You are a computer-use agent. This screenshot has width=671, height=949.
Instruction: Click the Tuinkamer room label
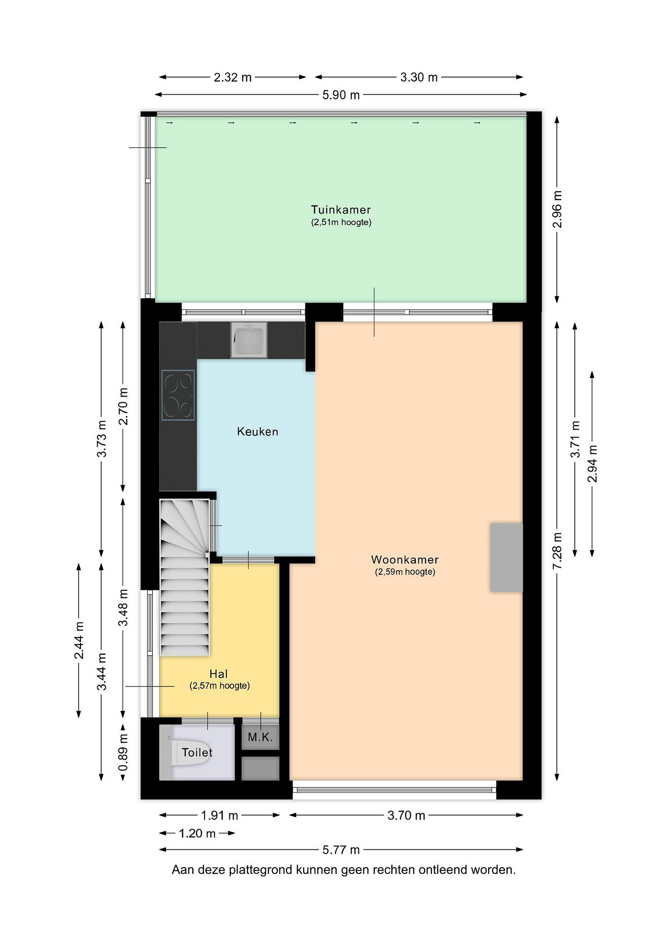pos(341,210)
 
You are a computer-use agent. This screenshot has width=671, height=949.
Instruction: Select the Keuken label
pos(257,432)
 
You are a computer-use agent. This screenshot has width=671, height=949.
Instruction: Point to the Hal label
pos(219,674)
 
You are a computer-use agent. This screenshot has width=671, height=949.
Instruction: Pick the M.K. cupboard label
pos(260,737)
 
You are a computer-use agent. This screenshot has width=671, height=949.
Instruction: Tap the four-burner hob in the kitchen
pos(178,395)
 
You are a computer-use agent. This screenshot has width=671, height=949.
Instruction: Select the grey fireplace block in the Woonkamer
pos(507,558)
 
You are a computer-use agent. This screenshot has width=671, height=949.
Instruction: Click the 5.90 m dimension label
pos(341,95)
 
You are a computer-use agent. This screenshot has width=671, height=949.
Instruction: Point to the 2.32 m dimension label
pos(233,77)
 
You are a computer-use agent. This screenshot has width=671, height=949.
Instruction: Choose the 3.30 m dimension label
pos(419,77)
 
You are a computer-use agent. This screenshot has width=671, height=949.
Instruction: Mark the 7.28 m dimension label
pos(557,551)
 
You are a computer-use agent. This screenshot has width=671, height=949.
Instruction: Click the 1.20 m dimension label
pos(197,833)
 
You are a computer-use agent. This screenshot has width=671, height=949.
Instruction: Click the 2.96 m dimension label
pos(557,209)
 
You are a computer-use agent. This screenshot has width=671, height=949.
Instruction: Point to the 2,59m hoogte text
pos(405,572)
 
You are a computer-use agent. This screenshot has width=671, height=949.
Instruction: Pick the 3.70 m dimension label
pos(406,816)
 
